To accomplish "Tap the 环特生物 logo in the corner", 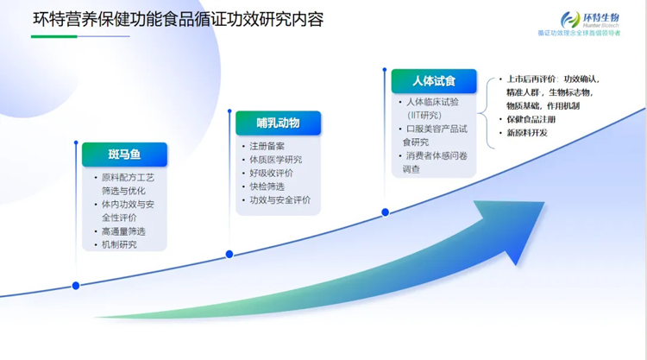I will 590,21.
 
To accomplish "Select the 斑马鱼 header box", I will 124,155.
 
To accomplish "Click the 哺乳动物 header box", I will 278,123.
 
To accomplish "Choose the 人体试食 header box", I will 433,81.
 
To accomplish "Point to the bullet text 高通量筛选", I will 123,231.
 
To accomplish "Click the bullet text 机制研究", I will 119,244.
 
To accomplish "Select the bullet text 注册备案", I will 267,146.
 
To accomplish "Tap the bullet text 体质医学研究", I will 275,160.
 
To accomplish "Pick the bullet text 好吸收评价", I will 271,173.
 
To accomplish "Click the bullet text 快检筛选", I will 267,186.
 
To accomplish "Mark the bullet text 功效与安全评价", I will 280,199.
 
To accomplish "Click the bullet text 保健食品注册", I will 532,119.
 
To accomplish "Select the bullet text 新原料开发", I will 527,133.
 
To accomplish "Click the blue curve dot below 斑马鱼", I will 76,285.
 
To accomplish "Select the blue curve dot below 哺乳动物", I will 229,254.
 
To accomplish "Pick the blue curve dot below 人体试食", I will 385,212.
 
